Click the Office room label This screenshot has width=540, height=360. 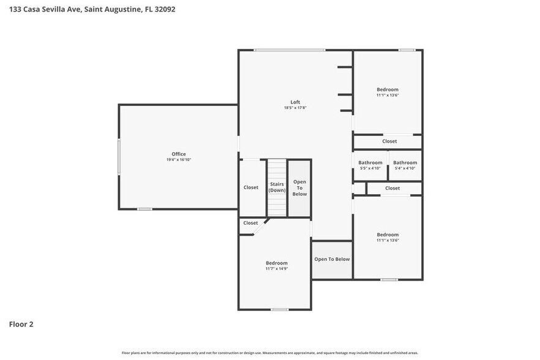pos(178,154)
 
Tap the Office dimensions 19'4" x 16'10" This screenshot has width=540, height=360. pos(178,160)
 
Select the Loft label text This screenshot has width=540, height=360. pos(295,102)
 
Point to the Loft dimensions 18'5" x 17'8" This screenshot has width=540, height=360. pos(295,108)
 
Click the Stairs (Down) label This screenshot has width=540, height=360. pos(277,187)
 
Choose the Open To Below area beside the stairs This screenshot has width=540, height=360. pos(299,187)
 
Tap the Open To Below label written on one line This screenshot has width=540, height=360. pos(332,259)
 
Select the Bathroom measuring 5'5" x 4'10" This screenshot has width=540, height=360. pos(370,165)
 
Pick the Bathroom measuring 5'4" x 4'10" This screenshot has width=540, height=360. pos(405,165)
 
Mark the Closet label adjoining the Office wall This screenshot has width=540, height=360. pos(251,187)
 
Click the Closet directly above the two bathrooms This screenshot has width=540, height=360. pos(389,141)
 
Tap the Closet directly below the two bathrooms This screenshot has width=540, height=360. pos(392,189)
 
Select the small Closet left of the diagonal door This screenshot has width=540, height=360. pos(250,223)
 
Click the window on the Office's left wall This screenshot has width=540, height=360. pos(119,157)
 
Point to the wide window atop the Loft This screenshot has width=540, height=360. pos(290,50)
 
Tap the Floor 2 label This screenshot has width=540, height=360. pos(21,324)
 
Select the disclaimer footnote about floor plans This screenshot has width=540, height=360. pos(269,353)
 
